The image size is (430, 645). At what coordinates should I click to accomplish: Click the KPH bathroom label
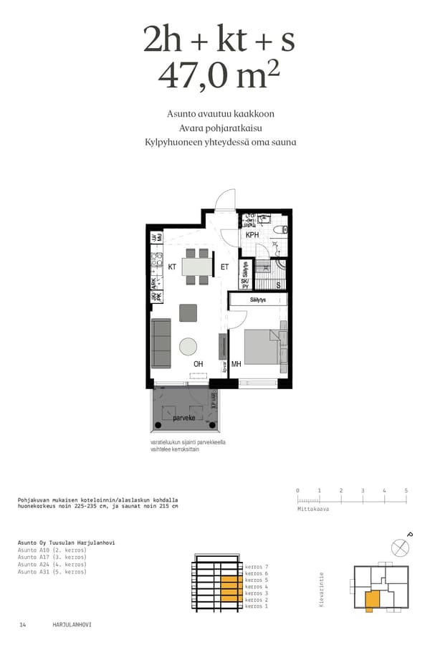tap(252, 235)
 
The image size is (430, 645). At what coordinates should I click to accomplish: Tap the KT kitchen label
tap(172, 267)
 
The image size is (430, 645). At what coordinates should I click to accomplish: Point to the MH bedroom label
tap(236, 365)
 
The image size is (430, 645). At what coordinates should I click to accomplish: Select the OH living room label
tap(198, 365)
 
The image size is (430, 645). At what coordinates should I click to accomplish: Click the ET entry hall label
tap(224, 267)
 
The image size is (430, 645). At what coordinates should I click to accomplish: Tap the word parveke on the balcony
tap(184, 417)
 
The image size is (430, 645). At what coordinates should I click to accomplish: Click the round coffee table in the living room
tap(188, 347)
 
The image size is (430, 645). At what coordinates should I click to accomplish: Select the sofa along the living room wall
tap(161, 343)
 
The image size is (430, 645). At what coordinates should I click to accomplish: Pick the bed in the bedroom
tap(262, 348)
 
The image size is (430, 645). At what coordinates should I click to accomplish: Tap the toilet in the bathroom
tap(285, 231)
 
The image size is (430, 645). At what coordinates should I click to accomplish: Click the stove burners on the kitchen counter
tap(154, 263)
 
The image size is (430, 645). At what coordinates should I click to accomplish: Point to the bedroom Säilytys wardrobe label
tap(258, 300)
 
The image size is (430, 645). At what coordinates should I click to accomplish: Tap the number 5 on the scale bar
tap(406, 491)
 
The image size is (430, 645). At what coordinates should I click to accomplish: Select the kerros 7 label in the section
tap(256, 567)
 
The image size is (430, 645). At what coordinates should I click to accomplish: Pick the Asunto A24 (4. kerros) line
tap(52, 565)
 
